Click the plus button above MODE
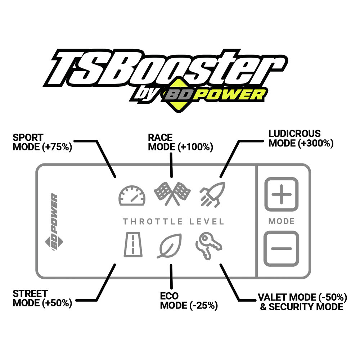(x=281, y=194)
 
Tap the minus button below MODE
(x=281, y=249)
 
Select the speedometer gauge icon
(x=132, y=195)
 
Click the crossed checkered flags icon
(x=172, y=194)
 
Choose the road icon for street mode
(x=133, y=244)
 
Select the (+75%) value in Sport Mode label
(x=57, y=147)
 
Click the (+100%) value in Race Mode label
(x=195, y=147)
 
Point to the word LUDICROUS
(x=294, y=134)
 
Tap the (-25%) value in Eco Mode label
(x=203, y=306)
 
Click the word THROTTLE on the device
(x=153, y=221)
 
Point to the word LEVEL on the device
(x=207, y=221)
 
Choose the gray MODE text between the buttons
(x=282, y=221)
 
